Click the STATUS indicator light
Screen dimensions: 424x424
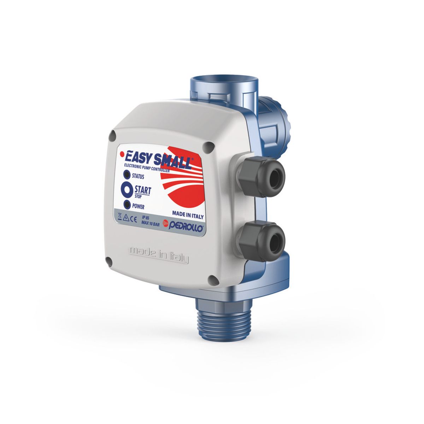tap(127, 175)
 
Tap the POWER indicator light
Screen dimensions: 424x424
tap(127, 205)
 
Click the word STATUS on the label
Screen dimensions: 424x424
tap(138, 176)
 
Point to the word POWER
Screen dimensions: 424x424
tap(138, 206)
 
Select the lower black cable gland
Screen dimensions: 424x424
tap(262, 241)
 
